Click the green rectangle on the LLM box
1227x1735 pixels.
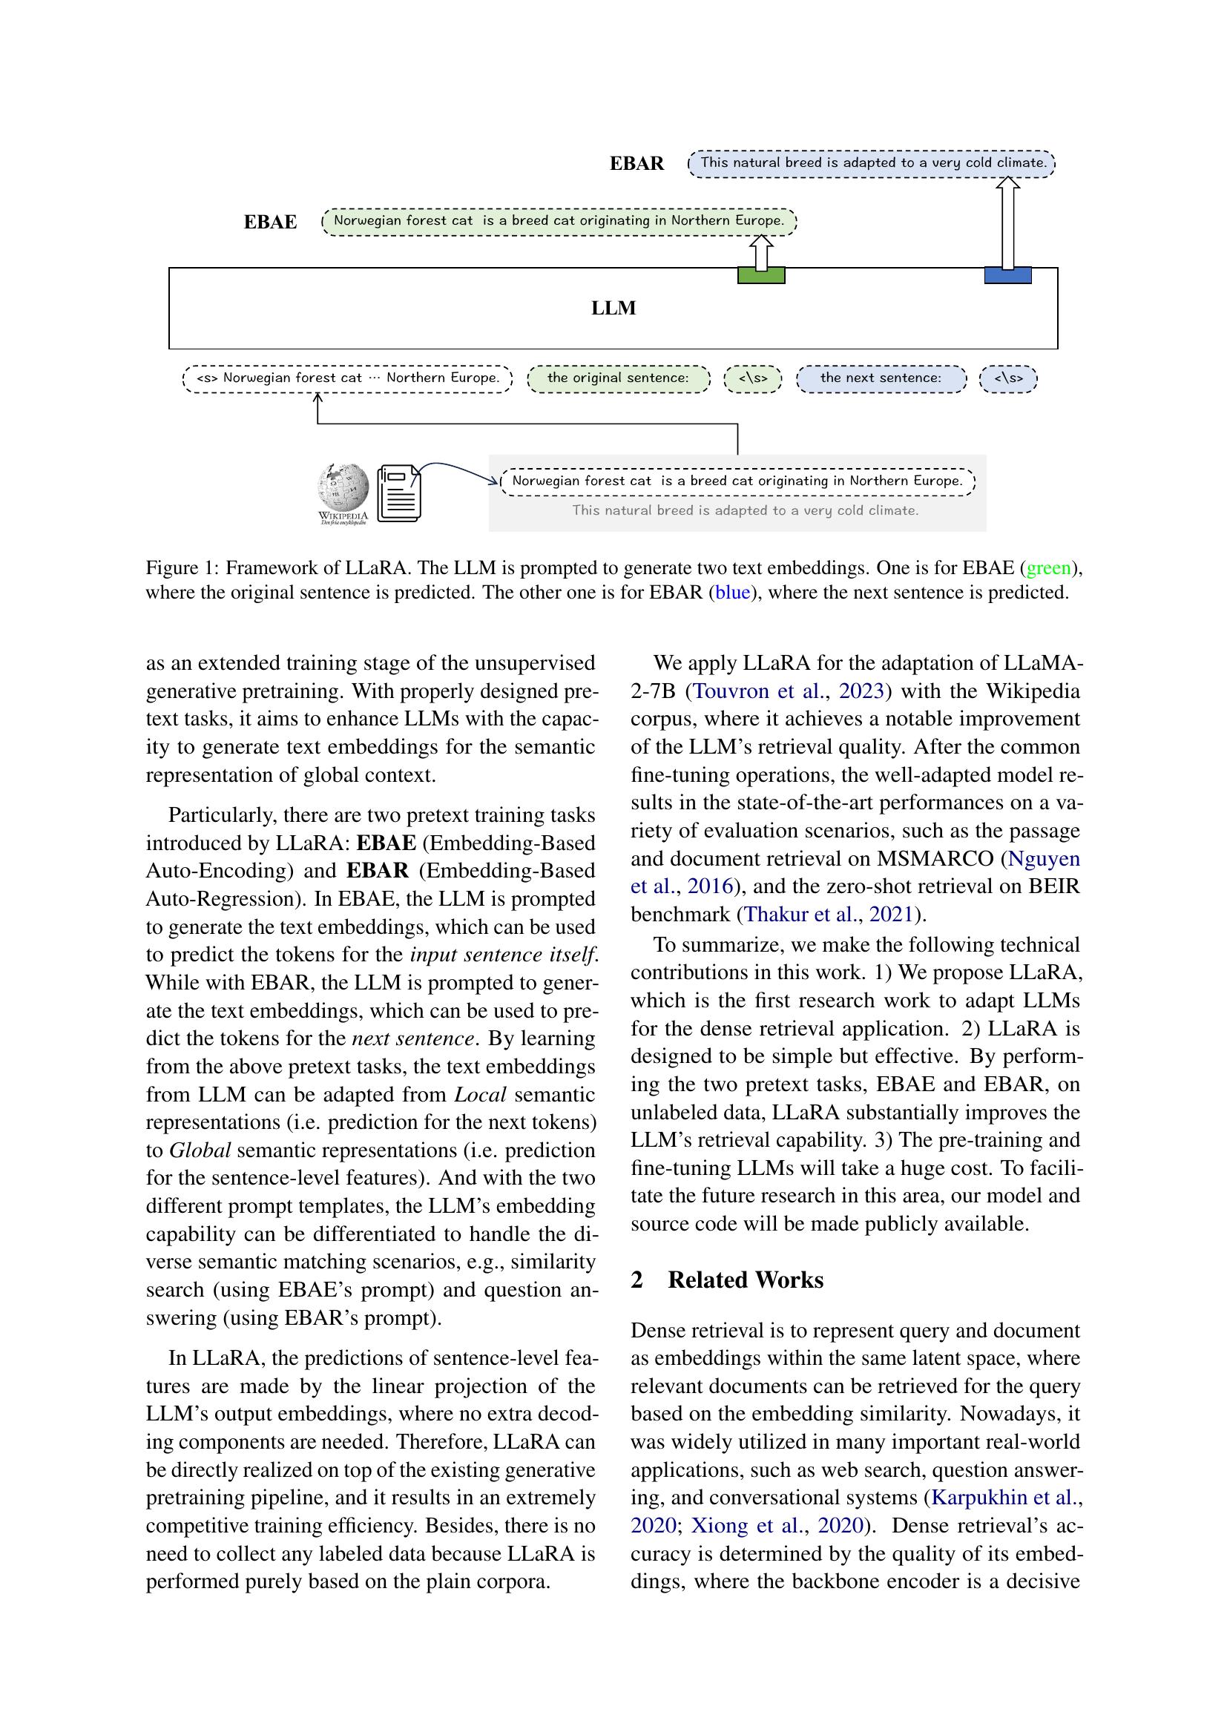pyautogui.click(x=761, y=276)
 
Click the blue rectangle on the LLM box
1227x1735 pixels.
pyautogui.click(x=1008, y=276)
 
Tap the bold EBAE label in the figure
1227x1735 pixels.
pyautogui.click(x=270, y=223)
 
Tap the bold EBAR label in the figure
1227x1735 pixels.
pyautogui.click(x=637, y=164)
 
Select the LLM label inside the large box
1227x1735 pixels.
pyautogui.click(x=613, y=309)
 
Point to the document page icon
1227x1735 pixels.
pyautogui.click(x=399, y=492)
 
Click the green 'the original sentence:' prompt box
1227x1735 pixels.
pyautogui.click(x=618, y=378)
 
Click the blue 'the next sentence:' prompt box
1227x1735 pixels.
pyautogui.click(x=881, y=378)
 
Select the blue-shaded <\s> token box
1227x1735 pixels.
pyautogui.click(x=1008, y=378)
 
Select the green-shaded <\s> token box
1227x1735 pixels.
pyautogui.click(x=752, y=378)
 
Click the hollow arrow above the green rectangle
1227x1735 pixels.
pyautogui.click(x=761, y=252)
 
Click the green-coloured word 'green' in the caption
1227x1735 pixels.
pyautogui.click(x=1049, y=567)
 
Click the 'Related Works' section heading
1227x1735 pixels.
pyautogui.click(x=745, y=1280)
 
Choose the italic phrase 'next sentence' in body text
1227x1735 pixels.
pyautogui.click(x=413, y=1039)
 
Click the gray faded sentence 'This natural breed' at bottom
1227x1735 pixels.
pyautogui.click(x=745, y=511)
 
